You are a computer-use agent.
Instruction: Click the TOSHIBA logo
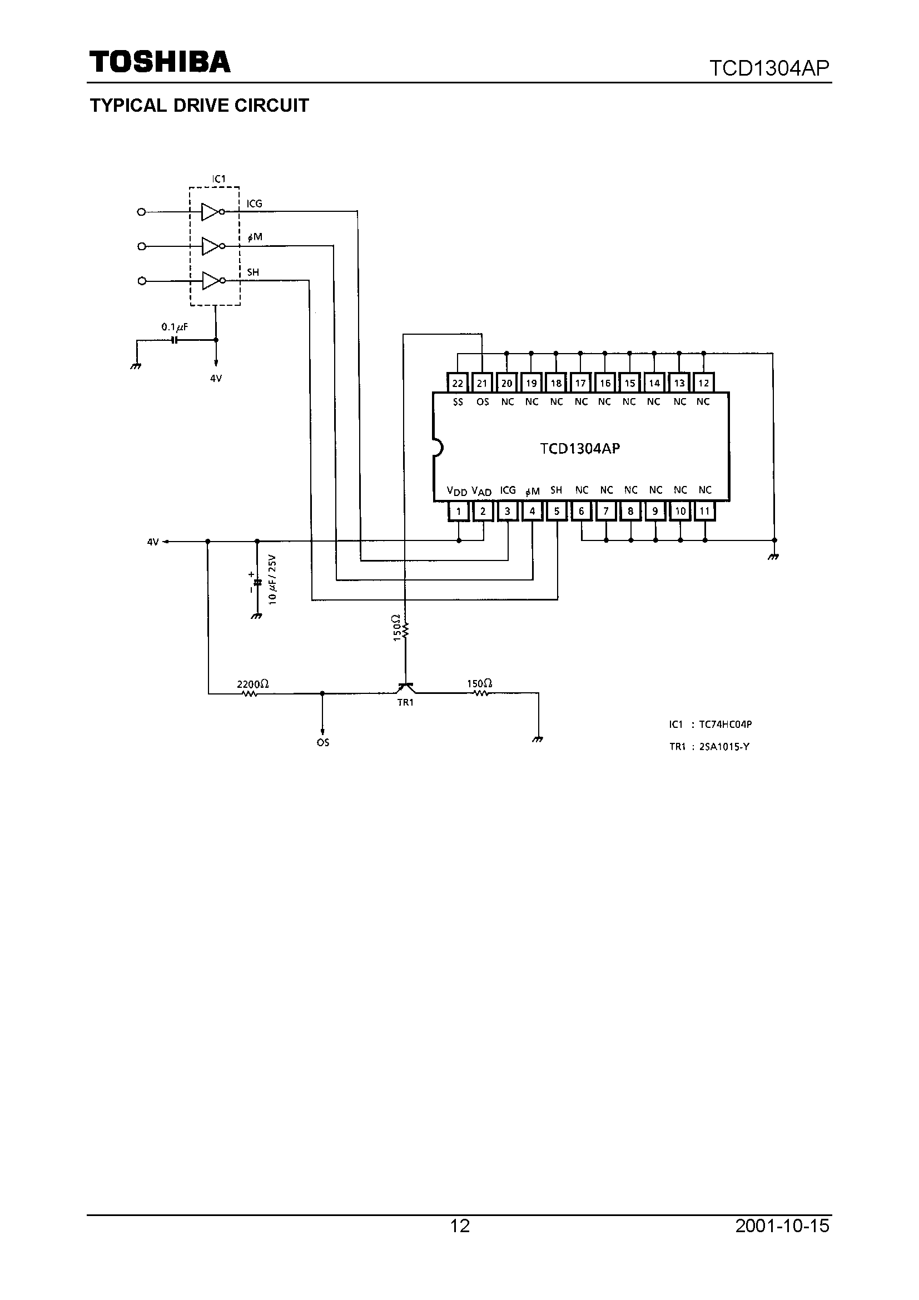160,62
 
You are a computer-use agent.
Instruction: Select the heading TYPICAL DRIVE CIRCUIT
200,106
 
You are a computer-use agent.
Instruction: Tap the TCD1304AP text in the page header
769,68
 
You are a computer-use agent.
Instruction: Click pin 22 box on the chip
458,383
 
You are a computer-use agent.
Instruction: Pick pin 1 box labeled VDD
458,512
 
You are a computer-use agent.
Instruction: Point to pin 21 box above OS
482,383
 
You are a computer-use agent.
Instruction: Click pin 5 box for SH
557,512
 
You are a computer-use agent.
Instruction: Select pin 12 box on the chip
703,383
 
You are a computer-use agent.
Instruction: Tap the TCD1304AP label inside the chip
580,448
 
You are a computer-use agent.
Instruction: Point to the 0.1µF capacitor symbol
175,340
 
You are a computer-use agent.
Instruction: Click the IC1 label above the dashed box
218,179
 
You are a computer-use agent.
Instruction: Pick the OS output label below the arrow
323,742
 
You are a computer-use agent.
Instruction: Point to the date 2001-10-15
782,1226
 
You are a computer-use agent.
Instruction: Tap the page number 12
460,1226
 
